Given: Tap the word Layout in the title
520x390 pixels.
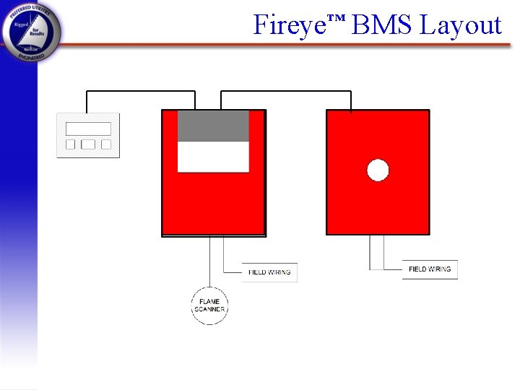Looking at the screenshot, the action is pyautogui.click(x=461, y=26).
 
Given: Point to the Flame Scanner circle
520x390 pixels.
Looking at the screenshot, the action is pyautogui.click(x=209, y=305).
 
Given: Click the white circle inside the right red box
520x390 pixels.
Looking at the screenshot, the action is pyautogui.click(x=378, y=170).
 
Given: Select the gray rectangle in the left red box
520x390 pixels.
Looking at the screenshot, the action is pyautogui.click(x=213, y=126).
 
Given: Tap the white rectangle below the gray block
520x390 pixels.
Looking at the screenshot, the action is pyautogui.click(x=213, y=157).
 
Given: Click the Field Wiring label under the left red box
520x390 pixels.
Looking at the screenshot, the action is pyautogui.click(x=269, y=272).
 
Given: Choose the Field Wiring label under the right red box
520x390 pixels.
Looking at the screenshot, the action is pyautogui.click(x=430, y=269).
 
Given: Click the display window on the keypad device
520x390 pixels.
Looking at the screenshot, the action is pyautogui.click(x=88, y=129).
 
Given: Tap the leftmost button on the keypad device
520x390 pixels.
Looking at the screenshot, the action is pyautogui.click(x=71, y=144).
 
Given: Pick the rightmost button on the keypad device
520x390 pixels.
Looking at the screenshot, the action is pyautogui.click(x=106, y=144).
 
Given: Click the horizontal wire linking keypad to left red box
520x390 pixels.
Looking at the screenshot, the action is pyautogui.click(x=141, y=92).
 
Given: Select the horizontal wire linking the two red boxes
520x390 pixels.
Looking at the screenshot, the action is pyautogui.click(x=286, y=92).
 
